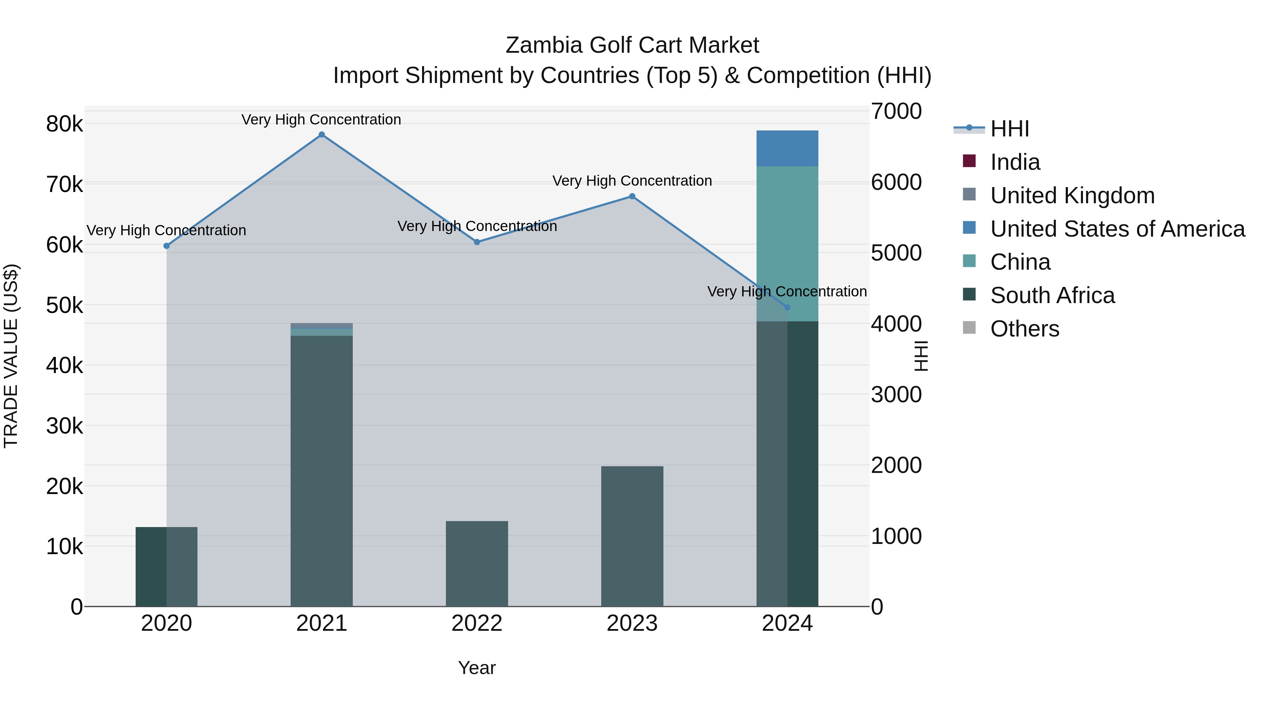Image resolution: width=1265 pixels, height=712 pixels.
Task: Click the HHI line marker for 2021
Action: coord(322,135)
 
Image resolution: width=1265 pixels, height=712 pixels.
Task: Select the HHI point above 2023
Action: coord(632,197)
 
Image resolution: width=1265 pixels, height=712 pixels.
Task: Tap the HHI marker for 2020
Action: coord(167,246)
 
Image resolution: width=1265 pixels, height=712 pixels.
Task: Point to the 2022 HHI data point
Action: coord(477,242)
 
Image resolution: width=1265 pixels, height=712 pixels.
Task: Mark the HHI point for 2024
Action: coord(787,307)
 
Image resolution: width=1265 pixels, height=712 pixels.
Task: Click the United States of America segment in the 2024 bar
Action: coord(787,148)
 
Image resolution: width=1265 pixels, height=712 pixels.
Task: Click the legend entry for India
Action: coord(1014,162)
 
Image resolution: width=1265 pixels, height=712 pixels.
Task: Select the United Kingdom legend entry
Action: coord(1072,195)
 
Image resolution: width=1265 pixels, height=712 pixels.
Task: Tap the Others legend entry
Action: coord(1024,329)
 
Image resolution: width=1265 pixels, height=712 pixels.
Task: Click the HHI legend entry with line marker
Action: coord(1009,129)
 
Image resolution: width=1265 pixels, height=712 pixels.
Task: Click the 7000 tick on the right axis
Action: coord(896,111)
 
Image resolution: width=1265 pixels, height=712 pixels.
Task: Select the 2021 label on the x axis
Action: coord(322,623)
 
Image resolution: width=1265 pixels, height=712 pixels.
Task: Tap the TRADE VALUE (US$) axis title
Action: coord(11,356)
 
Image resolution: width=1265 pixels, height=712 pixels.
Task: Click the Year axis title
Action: coord(477,668)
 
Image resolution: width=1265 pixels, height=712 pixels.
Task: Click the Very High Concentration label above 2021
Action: coord(321,120)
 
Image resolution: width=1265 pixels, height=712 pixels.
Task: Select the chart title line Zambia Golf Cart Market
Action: coord(632,45)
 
